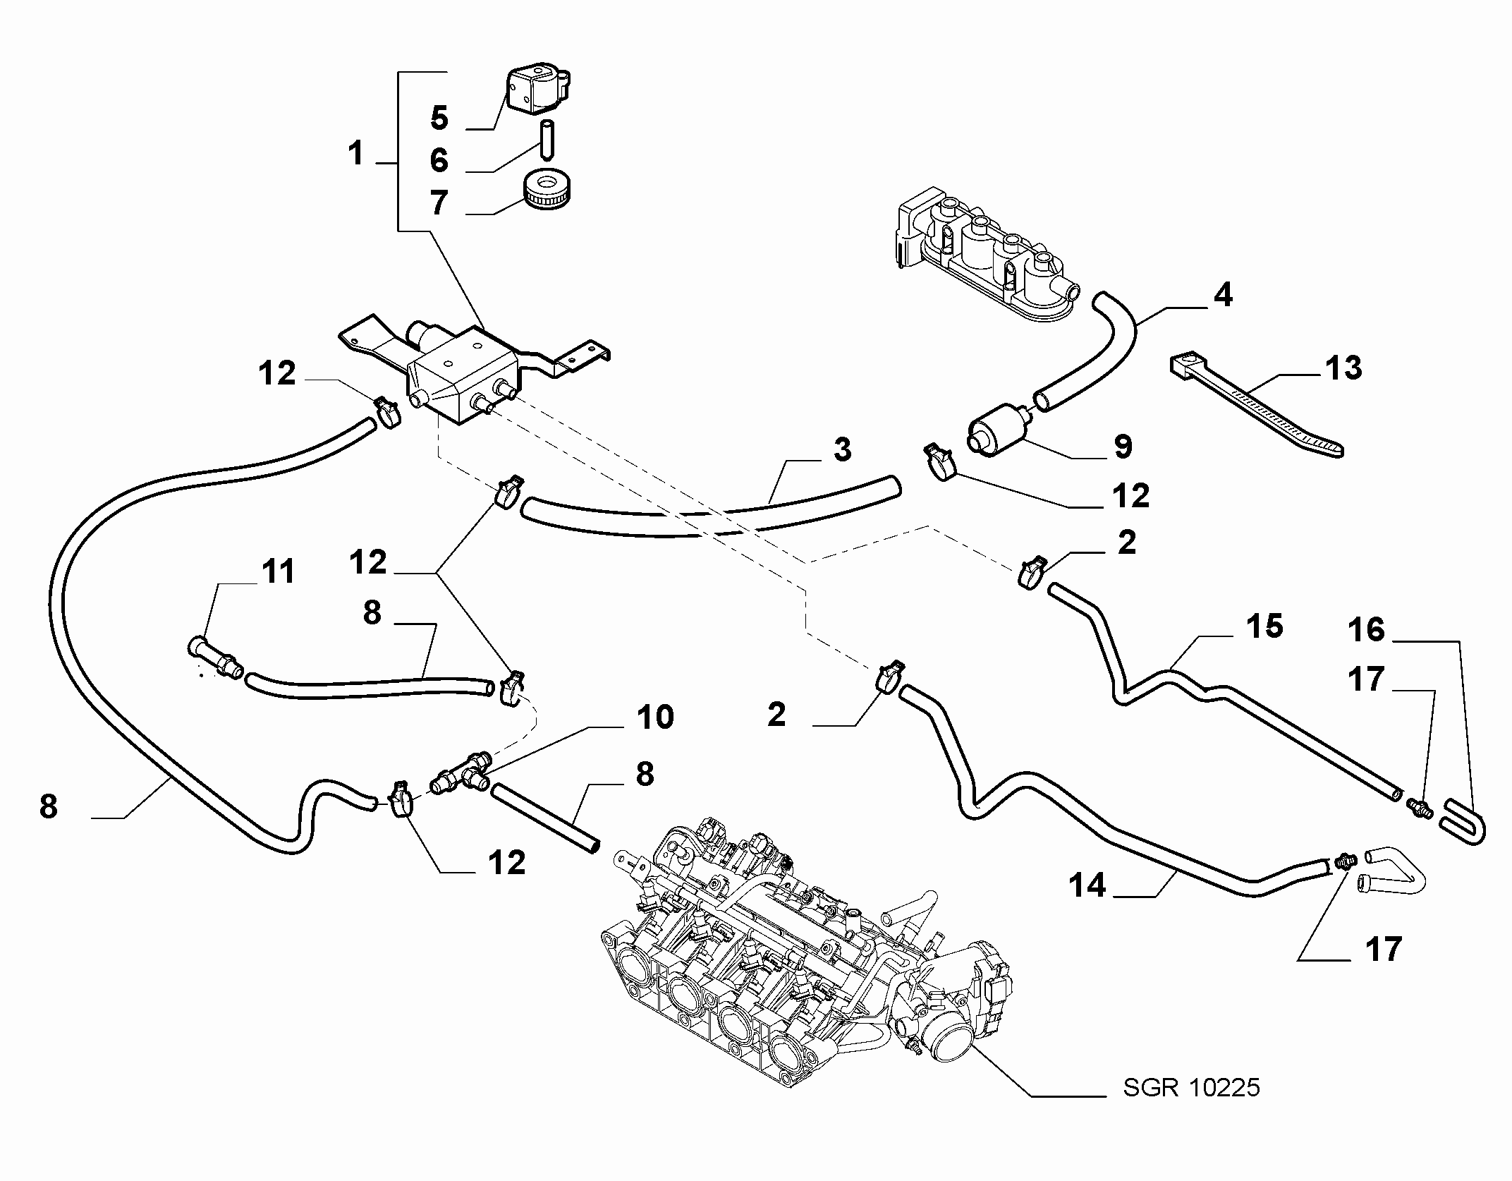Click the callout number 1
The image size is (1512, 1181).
355,153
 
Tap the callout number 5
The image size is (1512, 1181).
439,117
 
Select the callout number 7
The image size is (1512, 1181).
439,202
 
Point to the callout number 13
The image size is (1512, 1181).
1343,368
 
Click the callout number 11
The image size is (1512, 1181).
279,571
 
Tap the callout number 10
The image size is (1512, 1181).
655,717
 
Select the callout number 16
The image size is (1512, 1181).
1367,629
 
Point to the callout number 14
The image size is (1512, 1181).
1087,885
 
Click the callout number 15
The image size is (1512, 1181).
1264,626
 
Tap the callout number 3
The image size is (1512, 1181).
842,449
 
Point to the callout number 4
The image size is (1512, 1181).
1223,294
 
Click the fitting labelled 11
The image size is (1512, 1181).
215,658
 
